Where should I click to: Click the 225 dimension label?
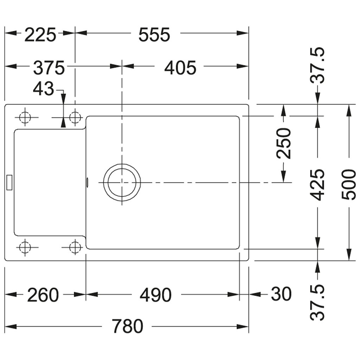(40, 35)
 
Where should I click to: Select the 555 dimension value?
(154, 35)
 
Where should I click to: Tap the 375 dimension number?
(49, 68)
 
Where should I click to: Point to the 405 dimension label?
(180, 68)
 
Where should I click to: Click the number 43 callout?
(43, 89)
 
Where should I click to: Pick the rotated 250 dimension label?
(284, 143)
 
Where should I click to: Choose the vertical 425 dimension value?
(317, 185)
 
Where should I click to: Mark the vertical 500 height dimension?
(349, 185)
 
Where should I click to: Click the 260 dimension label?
(43, 295)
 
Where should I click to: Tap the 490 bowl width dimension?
(155, 295)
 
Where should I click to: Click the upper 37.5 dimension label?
(317, 65)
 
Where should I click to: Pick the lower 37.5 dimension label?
(317, 302)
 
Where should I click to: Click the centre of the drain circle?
(122, 182)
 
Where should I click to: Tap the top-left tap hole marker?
(25, 117)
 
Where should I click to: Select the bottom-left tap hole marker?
(25, 247)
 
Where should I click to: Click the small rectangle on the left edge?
(9, 182)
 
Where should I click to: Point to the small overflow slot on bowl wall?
(87, 182)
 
